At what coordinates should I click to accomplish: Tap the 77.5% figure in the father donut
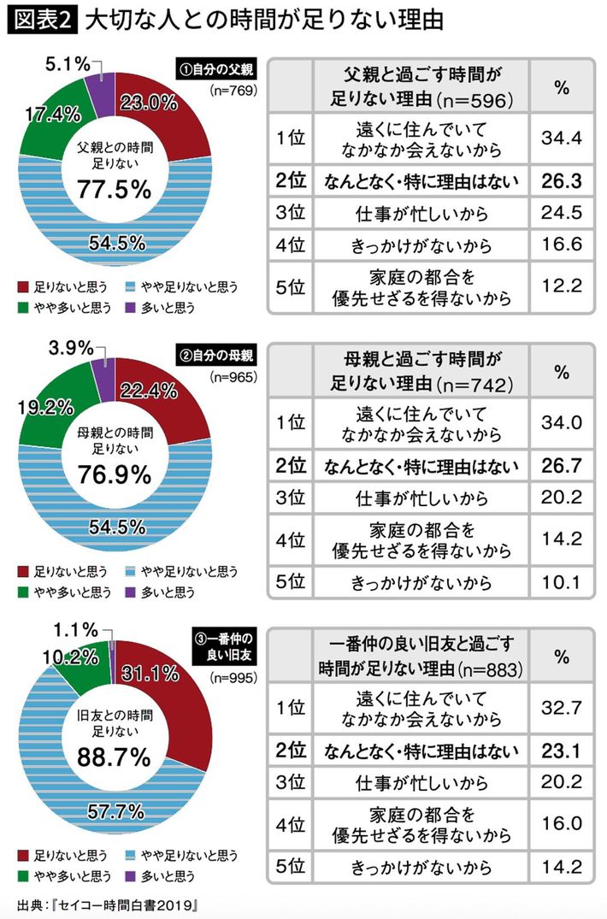tap(114, 189)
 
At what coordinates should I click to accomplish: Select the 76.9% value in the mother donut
tap(114, 473)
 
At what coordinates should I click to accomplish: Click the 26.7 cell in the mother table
tap(561, 467)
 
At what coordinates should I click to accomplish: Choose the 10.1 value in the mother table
tap(561, 584)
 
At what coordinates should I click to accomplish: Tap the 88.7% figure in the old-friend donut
tap(114, 757)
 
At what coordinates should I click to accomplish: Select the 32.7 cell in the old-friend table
tap(561, 706)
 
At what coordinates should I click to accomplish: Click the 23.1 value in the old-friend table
tap(561, 751)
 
